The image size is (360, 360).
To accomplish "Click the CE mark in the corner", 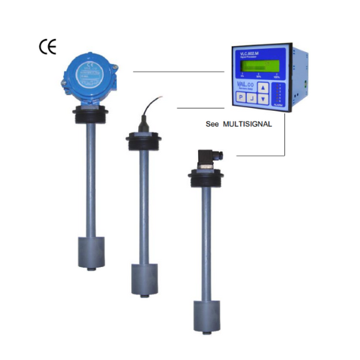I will click(x=47, y=48).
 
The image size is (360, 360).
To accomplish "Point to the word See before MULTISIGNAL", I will click(x=212, y=124).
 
